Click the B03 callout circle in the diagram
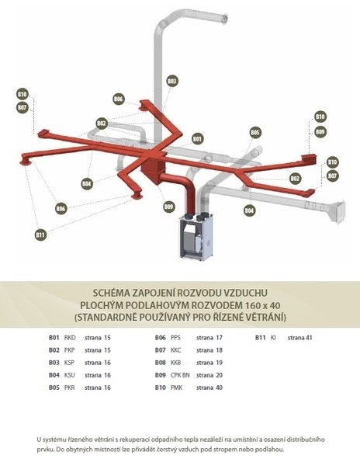(x=171, y=81)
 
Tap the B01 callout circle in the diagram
(x=197, y=139)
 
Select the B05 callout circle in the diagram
(x=255, y=133)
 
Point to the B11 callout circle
(x=40, y=235)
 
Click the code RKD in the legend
(x=70, y=338)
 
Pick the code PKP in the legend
(x=70, y=350)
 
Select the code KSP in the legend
(x=69, y=363)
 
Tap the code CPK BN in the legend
(x=180, y=375)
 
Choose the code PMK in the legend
(x=177, y=388)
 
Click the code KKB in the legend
(x=175, y=363)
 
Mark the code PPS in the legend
(x=175, y=338)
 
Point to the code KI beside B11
(x=273, y=338)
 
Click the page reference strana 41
(x=299, y=338)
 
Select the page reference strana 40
(x=209, y=388)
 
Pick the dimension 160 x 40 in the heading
(x=263, y=305)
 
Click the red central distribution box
(x=153, y=164)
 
